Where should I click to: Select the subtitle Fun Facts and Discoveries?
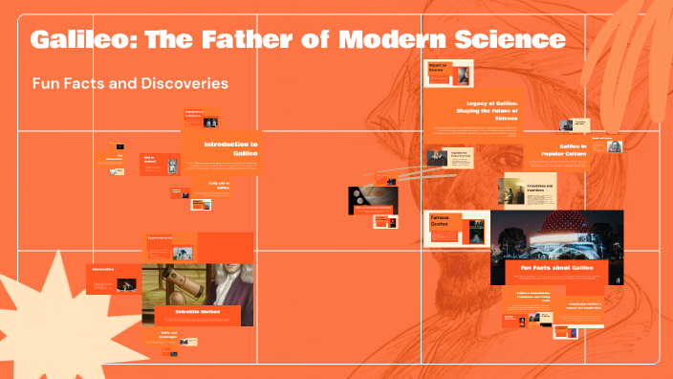(x=130, y=83)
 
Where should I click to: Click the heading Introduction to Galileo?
(x=230, y=148)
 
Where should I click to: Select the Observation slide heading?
(x=103, y=270)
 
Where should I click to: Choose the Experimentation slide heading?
(x=160, y=238)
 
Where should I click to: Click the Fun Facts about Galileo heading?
(x=555, y=267)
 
